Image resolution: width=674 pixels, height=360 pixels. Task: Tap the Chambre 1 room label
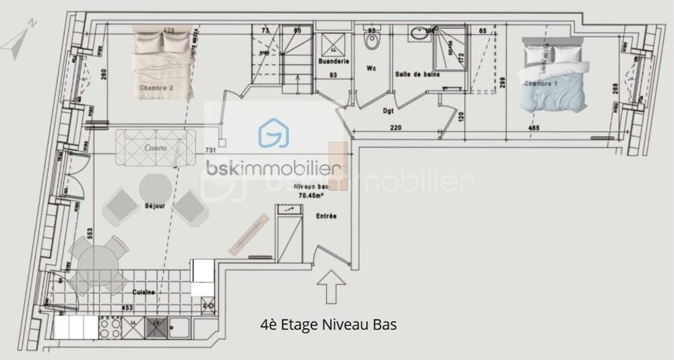click(541, 84)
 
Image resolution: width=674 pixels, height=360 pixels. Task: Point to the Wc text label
click(371, 68)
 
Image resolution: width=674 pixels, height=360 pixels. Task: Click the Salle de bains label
click(414, 75)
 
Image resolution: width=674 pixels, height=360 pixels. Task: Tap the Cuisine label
click(144, 292)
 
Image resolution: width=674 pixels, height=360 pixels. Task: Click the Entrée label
click(326, 216)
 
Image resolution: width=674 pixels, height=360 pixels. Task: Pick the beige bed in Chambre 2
click(164, 62)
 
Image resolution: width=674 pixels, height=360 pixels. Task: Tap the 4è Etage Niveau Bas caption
click(328, 325)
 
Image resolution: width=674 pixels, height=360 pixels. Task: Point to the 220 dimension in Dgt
click(396, 127)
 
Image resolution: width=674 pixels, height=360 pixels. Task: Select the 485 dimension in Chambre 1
click(533, 127)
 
